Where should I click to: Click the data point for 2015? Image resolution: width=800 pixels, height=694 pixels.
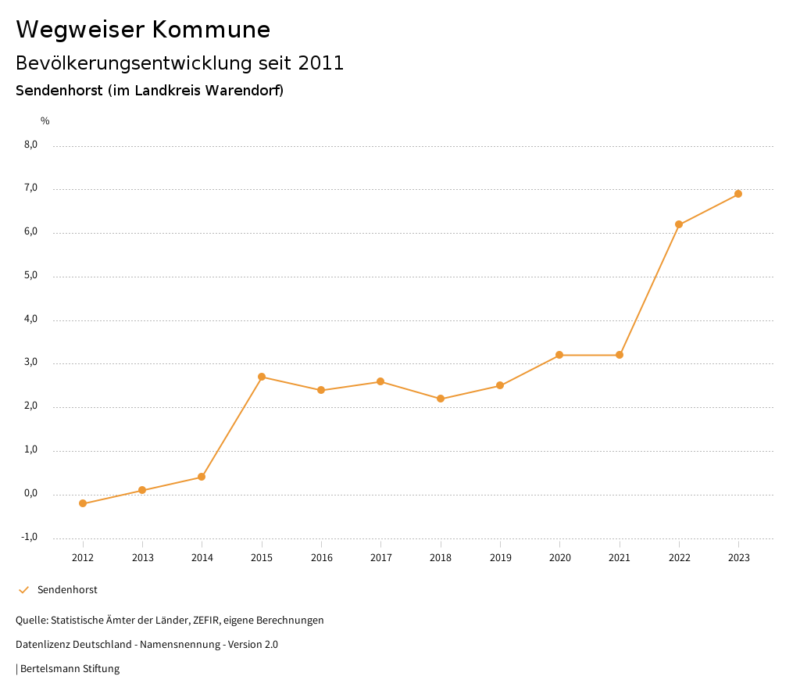tap(262, 377)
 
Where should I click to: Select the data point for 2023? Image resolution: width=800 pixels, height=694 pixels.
tap(738, 194)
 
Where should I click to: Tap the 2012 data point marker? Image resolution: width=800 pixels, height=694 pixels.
tap(83, 503)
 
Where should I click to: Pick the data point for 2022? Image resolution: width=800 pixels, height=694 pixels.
tap(679, 224)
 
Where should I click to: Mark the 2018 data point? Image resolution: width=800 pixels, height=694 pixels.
tap(441, 399)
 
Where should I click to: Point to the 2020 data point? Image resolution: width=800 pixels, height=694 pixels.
tap(559, 355)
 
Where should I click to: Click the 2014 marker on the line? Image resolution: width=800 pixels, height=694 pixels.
tap(202, 477)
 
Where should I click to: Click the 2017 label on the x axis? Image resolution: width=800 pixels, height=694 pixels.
tap(380, 558)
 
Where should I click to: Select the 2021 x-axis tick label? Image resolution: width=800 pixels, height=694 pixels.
tap(620, 558)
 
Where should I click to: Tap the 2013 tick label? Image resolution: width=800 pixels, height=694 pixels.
tap(142, 558)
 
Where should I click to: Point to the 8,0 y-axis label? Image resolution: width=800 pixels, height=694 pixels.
tap(30, 145)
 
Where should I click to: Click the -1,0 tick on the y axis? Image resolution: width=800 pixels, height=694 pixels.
tap(30, 537)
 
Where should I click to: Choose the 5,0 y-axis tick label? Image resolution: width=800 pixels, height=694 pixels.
tap(30, 276)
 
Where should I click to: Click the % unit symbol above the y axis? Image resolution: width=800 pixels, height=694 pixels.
tap(45, 121)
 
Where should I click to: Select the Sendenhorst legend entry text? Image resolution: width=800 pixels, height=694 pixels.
tap(67, 590)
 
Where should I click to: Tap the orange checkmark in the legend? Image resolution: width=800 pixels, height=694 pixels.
tap(23, 590)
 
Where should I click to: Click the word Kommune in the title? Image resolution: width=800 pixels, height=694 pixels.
tap(211, 30)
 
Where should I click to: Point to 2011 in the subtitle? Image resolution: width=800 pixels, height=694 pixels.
tap(320, 63)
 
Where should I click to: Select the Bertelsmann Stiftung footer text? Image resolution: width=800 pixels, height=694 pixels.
tap(70, 669)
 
